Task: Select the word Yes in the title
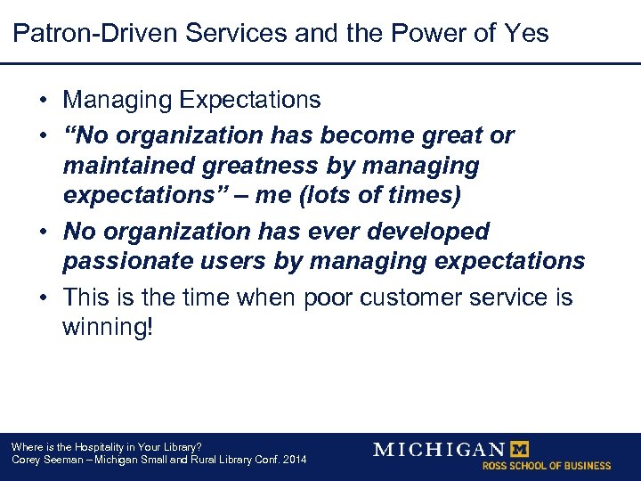523,34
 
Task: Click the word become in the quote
365,135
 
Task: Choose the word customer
411,298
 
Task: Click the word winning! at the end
107,328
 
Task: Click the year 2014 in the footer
293,460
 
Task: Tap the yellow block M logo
516,449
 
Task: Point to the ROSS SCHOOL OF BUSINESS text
547,466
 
